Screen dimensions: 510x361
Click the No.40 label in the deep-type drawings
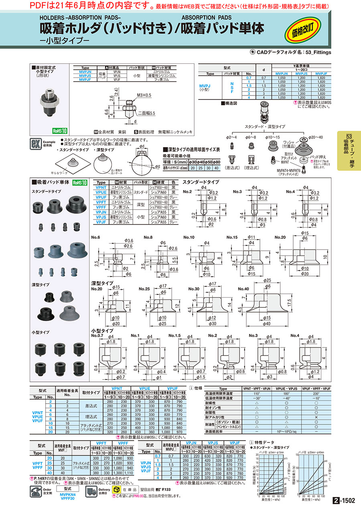[243, 289]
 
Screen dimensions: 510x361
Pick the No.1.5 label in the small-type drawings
[175, 335]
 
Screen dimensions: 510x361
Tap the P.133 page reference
[167, 490]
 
